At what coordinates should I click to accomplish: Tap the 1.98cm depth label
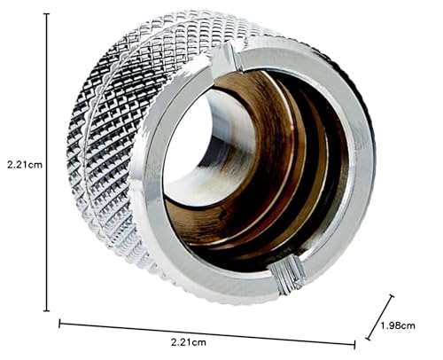(x=397, y=326)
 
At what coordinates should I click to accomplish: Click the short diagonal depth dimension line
(x=379, y=317)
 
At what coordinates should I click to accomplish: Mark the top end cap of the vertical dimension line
(x=46, y=15)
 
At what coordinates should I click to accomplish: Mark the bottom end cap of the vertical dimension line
(x=46, y=310)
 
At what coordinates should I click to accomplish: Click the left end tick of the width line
(x=60, y=322)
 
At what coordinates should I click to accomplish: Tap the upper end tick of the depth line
(x=392, y=297)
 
